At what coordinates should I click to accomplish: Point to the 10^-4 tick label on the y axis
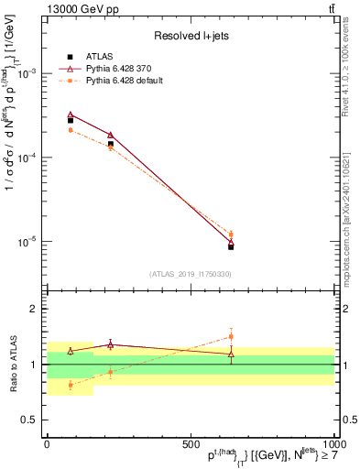(29, 158)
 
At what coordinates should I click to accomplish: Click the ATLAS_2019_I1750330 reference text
(191, 274)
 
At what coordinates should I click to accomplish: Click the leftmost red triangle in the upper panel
(71, 115)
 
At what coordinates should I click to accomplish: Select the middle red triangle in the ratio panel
(111, 344)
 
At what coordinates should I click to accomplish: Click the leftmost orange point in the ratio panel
(71, 385)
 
